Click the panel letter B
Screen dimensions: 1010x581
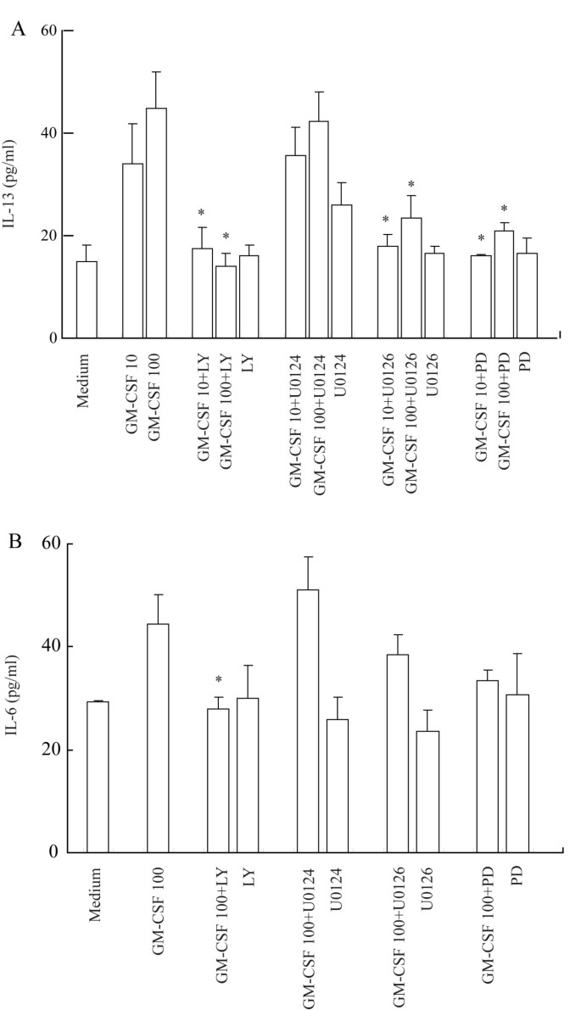click(x=17, y=539)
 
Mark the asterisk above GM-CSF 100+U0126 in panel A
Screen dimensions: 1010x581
click(x=411, y=185)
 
